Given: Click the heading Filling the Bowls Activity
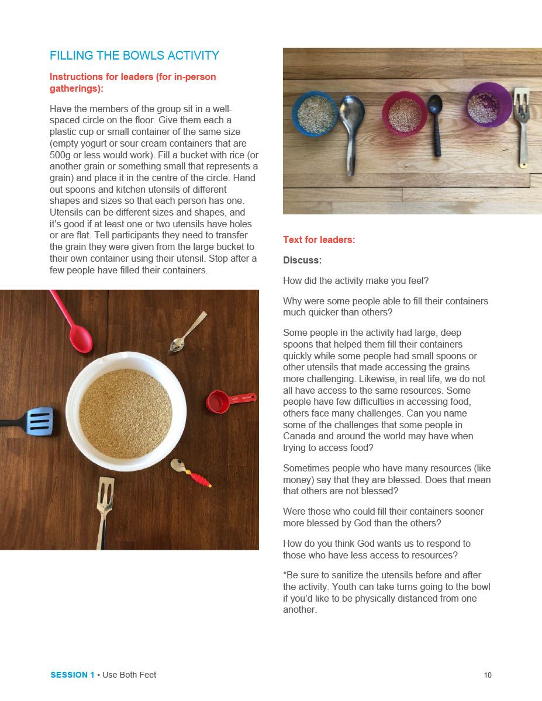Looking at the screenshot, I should (134, 55).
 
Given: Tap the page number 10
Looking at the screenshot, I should (488, 675).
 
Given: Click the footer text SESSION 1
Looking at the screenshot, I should (72, 675).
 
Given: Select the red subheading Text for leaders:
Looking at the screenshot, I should (319, 240).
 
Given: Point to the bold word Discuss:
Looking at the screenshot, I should (302, 260).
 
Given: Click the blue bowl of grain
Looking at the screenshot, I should (315, 113).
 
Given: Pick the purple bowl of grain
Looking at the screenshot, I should (488, 105).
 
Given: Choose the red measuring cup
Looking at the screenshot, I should (222, 401).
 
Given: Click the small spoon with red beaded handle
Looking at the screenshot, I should (188, 471).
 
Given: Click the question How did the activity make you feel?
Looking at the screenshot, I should (355, 280).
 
